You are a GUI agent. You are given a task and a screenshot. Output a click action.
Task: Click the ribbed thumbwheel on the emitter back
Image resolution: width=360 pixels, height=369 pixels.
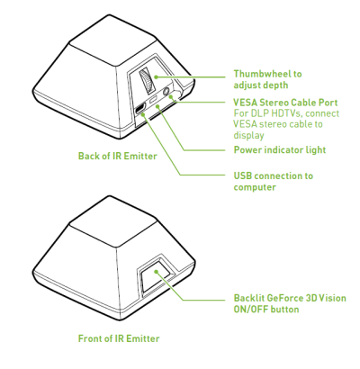click(x=146, y=81)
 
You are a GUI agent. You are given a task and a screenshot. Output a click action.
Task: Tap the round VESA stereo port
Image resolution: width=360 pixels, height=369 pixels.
click(x=166, y=91)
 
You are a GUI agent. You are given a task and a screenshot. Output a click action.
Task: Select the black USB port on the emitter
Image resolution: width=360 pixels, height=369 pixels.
click(x=140, y=109)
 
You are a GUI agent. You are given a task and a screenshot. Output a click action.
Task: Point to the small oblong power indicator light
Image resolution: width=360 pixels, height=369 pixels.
click(x=153, y=100)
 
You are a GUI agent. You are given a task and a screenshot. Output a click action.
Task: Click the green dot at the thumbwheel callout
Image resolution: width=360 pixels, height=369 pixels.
click(x=156, y=77)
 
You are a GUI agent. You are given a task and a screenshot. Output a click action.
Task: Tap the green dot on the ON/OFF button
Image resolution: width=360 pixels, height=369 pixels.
click(x=156, y=272)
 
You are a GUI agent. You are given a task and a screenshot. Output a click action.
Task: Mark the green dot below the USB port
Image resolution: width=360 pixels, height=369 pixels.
click(x=144, y=114)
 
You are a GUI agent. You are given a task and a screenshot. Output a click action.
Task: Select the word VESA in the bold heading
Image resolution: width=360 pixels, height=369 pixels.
click(x=246, y=103)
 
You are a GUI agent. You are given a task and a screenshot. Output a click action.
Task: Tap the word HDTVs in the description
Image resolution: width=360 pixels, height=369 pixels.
click(x=287, y=113)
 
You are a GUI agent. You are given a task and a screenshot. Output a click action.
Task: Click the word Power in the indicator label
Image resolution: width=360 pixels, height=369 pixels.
click(x=247, y=149)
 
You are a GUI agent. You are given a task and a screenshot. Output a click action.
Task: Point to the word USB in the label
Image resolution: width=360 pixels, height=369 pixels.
click(x=242, y=175)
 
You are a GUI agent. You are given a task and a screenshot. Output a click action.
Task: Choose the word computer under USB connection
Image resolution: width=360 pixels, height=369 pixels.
click(x=255, y=187)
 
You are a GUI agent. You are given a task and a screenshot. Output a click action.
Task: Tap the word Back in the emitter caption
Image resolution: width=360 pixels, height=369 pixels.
click(x=87, y=156)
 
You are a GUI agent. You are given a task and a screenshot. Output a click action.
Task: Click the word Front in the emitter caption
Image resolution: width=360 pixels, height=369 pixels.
click(x=89, y=338)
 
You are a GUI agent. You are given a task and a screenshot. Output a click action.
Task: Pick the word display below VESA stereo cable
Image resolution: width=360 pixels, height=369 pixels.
click(x=248, y=135)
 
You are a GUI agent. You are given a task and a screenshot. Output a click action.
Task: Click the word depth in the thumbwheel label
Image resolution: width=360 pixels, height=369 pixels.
click(x=276, y=85)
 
